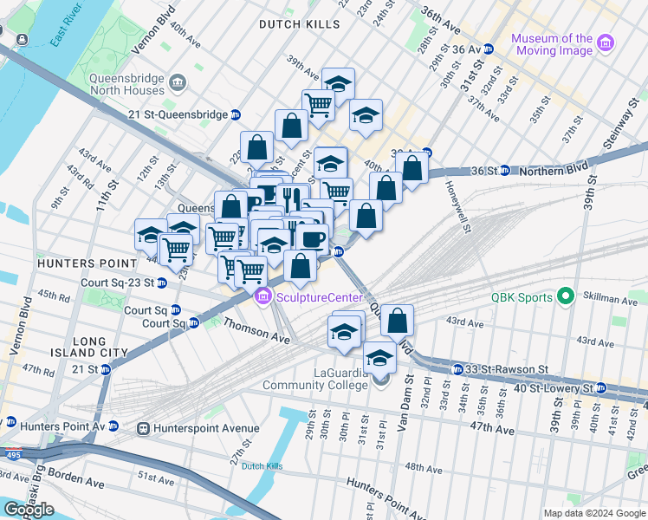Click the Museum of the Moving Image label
[x=552, y=44]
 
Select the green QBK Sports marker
[x=567, y=297]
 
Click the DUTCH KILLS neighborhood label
[x=300, y=25]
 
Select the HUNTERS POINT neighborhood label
[x=86, y=263]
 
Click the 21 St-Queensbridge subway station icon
[x=236, y=114]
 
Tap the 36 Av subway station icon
[x=489, y=49]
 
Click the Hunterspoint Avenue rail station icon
[x=142, y=428]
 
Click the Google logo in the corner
[x=29, y=510]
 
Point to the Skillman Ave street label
[x=617, y=300]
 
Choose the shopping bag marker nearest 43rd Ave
[x=397, y=321]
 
